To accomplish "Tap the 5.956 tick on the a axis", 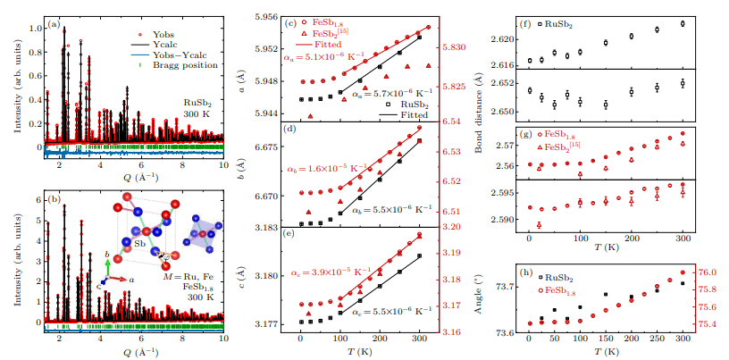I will pos(265,17).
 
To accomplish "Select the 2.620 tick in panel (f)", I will pos(503,39).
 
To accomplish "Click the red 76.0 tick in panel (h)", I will pos(708,272).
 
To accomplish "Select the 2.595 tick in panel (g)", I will pos(503,193).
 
